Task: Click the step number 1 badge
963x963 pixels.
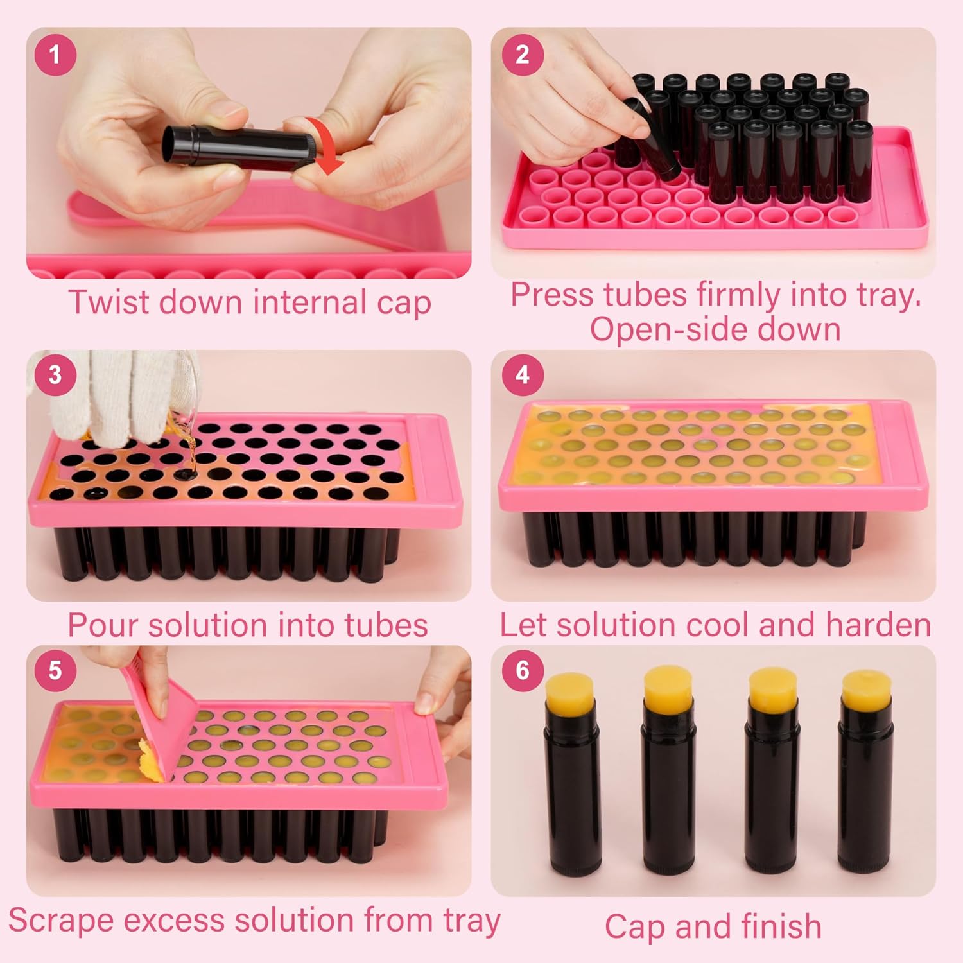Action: tap(55, 55)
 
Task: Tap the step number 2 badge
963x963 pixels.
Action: tap(523, 55)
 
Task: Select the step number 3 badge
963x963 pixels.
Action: tap(55, 374)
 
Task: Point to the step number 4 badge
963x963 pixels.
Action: tap(523, 374)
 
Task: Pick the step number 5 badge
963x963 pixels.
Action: tap(55, 670)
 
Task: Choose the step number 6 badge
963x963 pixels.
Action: tap(523, 670)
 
